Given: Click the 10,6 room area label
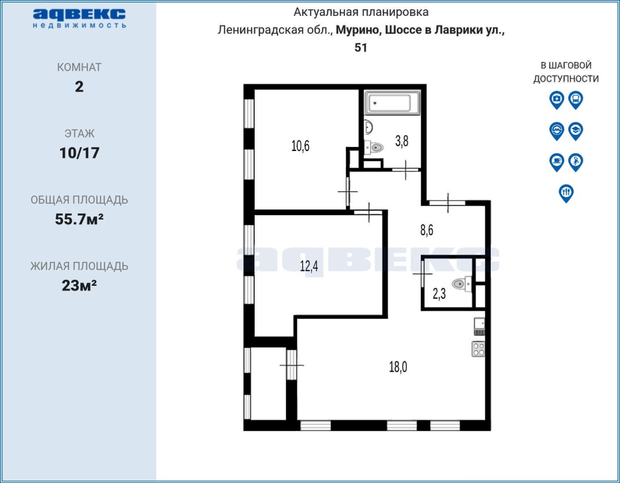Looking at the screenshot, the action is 300,146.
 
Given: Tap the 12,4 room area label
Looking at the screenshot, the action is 308,266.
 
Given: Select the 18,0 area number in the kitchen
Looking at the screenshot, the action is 398,367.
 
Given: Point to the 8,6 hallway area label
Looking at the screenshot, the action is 427,230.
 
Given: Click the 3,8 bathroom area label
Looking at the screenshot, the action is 401,141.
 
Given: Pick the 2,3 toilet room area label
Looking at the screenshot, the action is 439,294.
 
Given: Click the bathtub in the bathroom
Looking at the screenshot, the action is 392,103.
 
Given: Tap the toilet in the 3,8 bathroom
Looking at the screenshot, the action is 373,147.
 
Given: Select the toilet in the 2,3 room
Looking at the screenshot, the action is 462,284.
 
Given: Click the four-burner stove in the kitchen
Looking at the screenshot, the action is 478,349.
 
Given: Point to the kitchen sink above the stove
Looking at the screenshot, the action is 479,326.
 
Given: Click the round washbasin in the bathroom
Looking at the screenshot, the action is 368,127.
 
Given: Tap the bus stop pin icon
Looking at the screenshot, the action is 575,100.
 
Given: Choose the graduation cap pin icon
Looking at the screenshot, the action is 575,131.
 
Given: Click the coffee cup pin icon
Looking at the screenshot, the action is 557,162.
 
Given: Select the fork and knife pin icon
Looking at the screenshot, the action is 566,193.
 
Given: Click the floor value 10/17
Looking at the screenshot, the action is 79,153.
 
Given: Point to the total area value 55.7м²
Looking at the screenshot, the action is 79,219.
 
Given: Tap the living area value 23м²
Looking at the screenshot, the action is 79,285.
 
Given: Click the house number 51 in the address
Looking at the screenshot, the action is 361,47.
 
